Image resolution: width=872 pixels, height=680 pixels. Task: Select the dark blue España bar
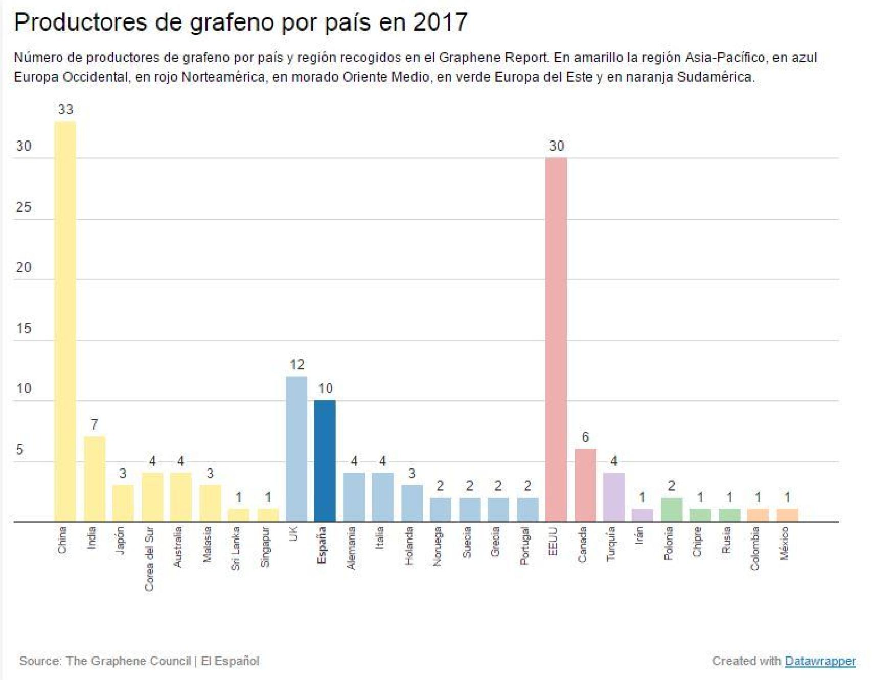325,461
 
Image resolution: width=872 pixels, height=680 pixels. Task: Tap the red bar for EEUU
556,339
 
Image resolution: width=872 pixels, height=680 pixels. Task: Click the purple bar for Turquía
614,497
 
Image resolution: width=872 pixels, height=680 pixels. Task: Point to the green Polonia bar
672,509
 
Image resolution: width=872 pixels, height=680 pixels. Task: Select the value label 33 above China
65,110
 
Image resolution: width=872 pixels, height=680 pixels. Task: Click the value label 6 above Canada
585,437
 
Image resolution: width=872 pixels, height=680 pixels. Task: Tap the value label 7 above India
94,425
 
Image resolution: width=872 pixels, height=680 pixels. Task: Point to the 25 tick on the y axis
24,207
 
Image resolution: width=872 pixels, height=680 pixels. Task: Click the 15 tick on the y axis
24,329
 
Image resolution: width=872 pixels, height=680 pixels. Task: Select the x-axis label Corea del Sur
149,559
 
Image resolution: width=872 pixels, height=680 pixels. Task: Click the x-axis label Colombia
755,549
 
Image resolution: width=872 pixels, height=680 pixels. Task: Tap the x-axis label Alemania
351,548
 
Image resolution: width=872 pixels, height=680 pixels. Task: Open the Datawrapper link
820,661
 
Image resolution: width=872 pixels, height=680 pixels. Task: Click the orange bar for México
787,515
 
